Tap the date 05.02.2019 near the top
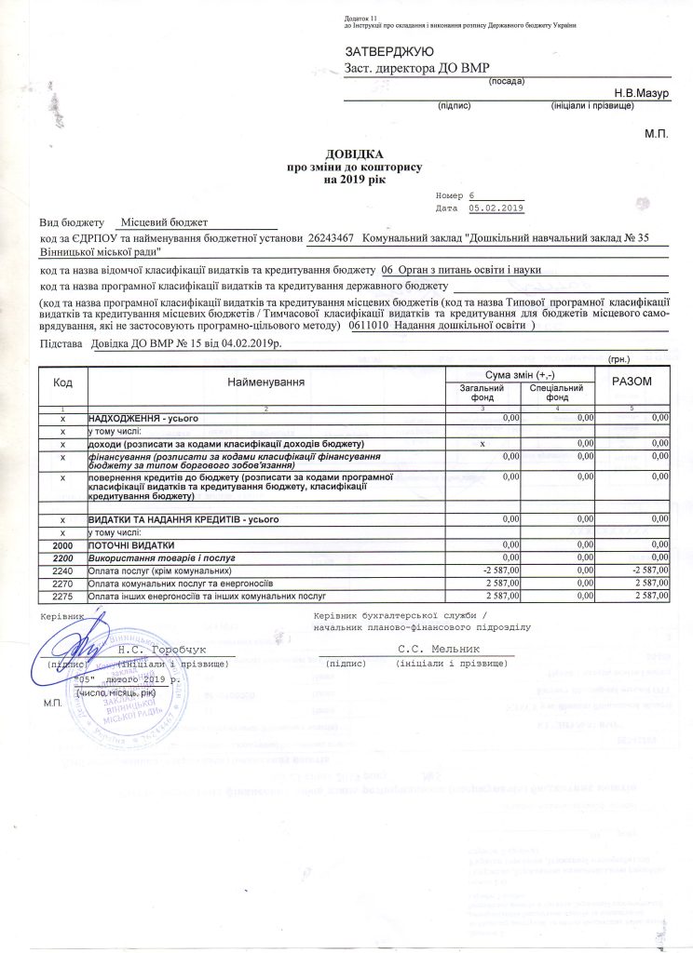[x=497, y=208]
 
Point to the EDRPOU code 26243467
[x=330, y=239]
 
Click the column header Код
[x=63, y=382]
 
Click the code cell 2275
[x=62, y=593]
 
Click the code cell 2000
[x=62, y=544]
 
